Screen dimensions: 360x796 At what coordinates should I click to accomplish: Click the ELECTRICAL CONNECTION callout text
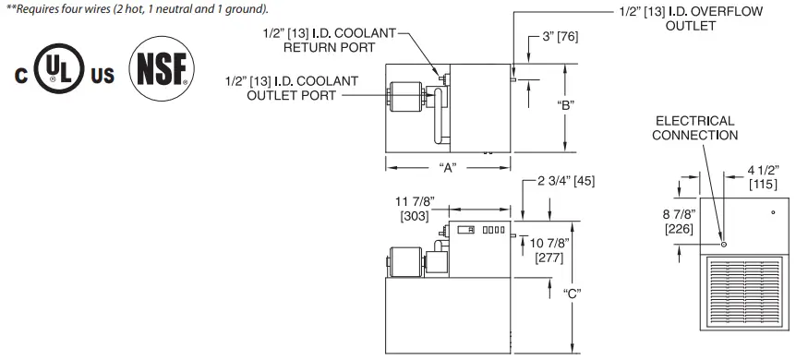[x=694, y=127]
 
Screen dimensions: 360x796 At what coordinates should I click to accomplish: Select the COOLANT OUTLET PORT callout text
[x=291, y=89]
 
